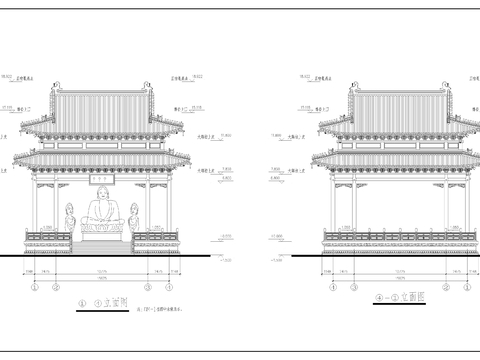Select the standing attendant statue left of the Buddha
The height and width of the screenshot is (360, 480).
click(70, 217)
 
